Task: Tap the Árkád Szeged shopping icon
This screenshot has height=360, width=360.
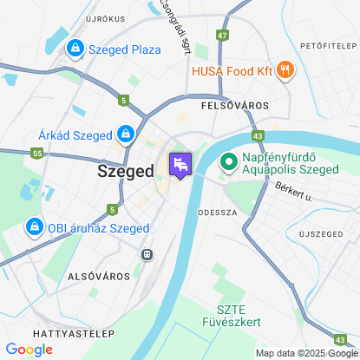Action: [127, 134]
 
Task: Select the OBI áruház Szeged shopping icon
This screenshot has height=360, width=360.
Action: [34, 227]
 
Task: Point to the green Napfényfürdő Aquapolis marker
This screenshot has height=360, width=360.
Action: [230, 161]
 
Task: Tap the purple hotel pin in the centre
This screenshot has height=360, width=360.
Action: [179, 165]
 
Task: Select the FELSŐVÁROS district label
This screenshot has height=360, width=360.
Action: [234, 105]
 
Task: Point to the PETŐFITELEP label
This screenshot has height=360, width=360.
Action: [325, 43]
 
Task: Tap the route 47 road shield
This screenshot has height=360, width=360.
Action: [224, 36]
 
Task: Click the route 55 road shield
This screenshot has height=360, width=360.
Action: [36, 153]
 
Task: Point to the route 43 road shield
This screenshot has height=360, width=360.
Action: [259, 135]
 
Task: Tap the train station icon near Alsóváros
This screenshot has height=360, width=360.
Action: [147, 254]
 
